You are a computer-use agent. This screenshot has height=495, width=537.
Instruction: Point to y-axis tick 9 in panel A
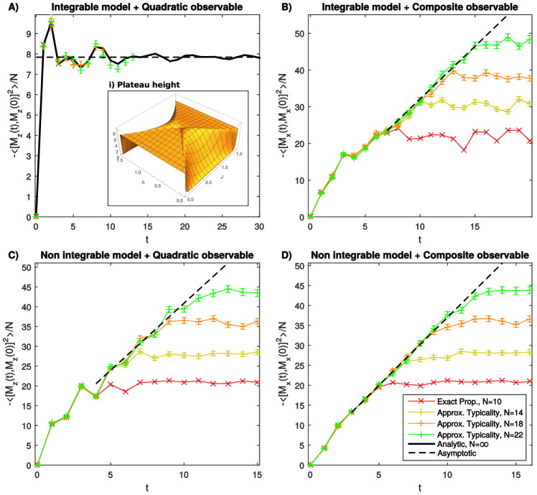27,33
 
